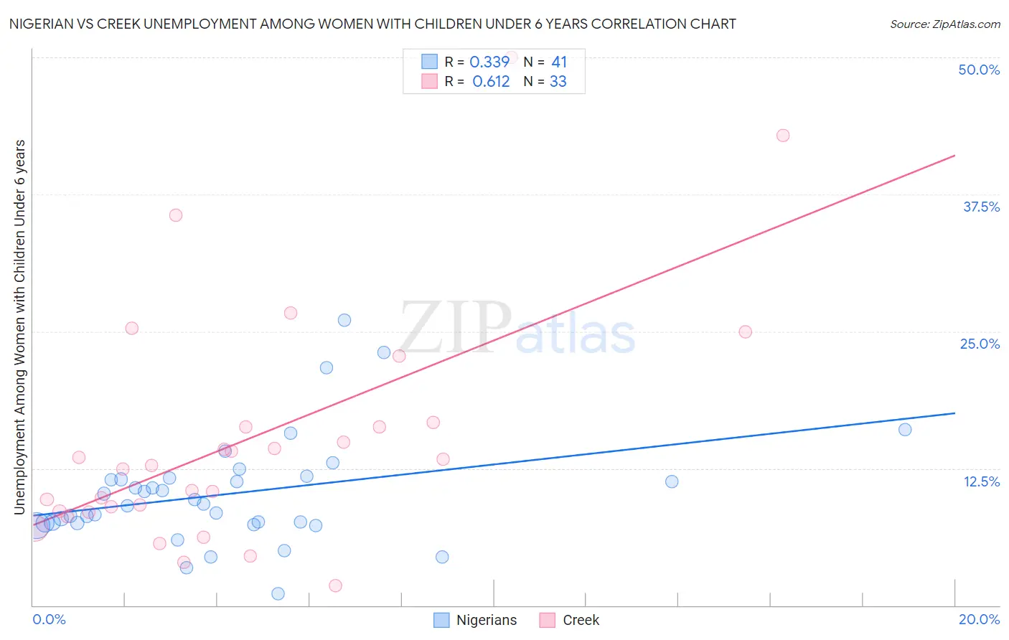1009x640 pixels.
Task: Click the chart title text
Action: (372, 24)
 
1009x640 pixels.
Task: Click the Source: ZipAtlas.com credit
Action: (944, 24)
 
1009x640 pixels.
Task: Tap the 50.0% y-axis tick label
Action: (979, 70)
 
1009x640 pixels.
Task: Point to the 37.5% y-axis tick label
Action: (981, 207)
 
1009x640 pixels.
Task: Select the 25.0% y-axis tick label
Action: (980, 344)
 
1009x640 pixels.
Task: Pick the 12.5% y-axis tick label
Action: (981, 481)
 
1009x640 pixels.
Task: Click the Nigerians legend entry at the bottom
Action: (476, 621)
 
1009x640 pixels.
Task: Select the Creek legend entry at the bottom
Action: (570, 621)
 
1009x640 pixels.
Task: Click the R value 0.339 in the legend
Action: (489, 62)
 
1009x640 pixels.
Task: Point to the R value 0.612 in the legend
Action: (491, 82)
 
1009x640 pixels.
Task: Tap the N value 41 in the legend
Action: (559, 62)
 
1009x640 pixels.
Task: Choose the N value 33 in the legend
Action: (558, 82)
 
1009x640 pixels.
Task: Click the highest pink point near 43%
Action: (783, 136)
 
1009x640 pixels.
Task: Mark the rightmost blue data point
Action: (905, 430)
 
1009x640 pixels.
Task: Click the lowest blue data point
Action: (278, 593)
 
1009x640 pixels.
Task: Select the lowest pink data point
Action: (335, 585)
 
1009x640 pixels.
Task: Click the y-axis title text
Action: (19, 327)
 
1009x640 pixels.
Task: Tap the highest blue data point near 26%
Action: (344, 320)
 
